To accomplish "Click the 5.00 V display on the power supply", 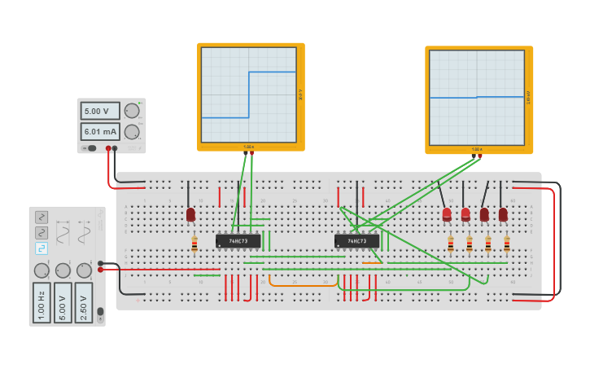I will [99, 111].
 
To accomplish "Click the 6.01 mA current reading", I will [99, 131].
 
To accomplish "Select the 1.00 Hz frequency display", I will [42, 302].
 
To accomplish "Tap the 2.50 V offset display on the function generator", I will [83, 302].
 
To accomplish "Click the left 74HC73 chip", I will [238, 241].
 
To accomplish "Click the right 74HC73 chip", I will [356, 241].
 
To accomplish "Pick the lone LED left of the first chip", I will [190, 214].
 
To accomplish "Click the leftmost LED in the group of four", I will [447, 214].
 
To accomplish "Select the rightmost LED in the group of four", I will [503, 214].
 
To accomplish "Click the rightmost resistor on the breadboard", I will [506, 244].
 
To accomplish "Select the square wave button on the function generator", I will [42, 248].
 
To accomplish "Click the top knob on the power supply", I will [131, 111].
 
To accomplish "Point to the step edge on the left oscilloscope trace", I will [248, 94].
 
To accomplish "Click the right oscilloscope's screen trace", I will [477, 97].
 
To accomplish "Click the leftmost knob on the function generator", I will [42, 270].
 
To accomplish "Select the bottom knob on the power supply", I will [131, 132].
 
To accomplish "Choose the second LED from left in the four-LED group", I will [465, 214].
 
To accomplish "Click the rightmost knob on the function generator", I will [84, 270].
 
